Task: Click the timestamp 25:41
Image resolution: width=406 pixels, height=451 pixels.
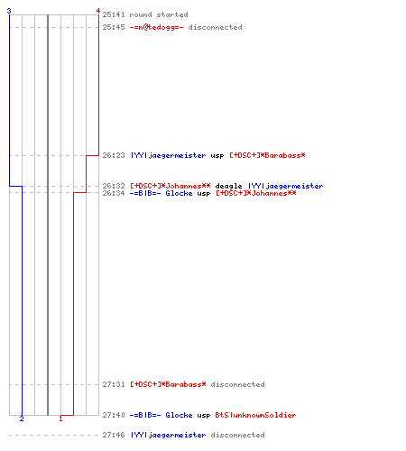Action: tap(114, 14)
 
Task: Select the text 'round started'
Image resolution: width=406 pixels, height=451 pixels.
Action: tap(159, 14)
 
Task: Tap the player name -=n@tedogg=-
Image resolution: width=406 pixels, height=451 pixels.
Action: tap(156, 27)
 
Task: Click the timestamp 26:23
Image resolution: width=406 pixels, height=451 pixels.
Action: tap(114, 155)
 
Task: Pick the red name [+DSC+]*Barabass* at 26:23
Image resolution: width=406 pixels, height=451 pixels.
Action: tap(267, 155)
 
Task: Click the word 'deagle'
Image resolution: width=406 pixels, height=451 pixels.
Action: tap(228, 186)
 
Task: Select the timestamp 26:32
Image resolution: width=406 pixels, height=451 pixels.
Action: tap(114, 186)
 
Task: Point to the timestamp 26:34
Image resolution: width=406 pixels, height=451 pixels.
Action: tap(114, 193)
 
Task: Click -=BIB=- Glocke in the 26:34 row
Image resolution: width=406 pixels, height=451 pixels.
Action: tap(161, 193)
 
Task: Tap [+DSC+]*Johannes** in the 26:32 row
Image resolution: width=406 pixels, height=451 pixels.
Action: tap(171, 186)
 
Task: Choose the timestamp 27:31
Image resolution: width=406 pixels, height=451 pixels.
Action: tap(114, 384)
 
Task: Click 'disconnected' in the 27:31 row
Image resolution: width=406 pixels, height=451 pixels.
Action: tap(238, 384)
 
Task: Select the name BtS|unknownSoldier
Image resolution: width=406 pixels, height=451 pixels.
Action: tap(255, 415)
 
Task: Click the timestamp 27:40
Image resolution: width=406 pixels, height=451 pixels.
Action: tap(114, 415)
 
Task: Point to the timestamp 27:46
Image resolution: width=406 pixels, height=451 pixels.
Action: tap(114, 435)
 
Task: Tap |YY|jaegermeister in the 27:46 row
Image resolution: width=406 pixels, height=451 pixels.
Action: tap(168, 435)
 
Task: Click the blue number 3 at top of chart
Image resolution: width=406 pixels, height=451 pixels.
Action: tap(9, 11)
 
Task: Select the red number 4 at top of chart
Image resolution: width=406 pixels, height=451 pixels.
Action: tap(98, 11)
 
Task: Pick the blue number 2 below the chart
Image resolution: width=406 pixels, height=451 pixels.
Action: tap(22, 419)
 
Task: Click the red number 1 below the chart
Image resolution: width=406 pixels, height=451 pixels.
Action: tap(60, 419)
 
